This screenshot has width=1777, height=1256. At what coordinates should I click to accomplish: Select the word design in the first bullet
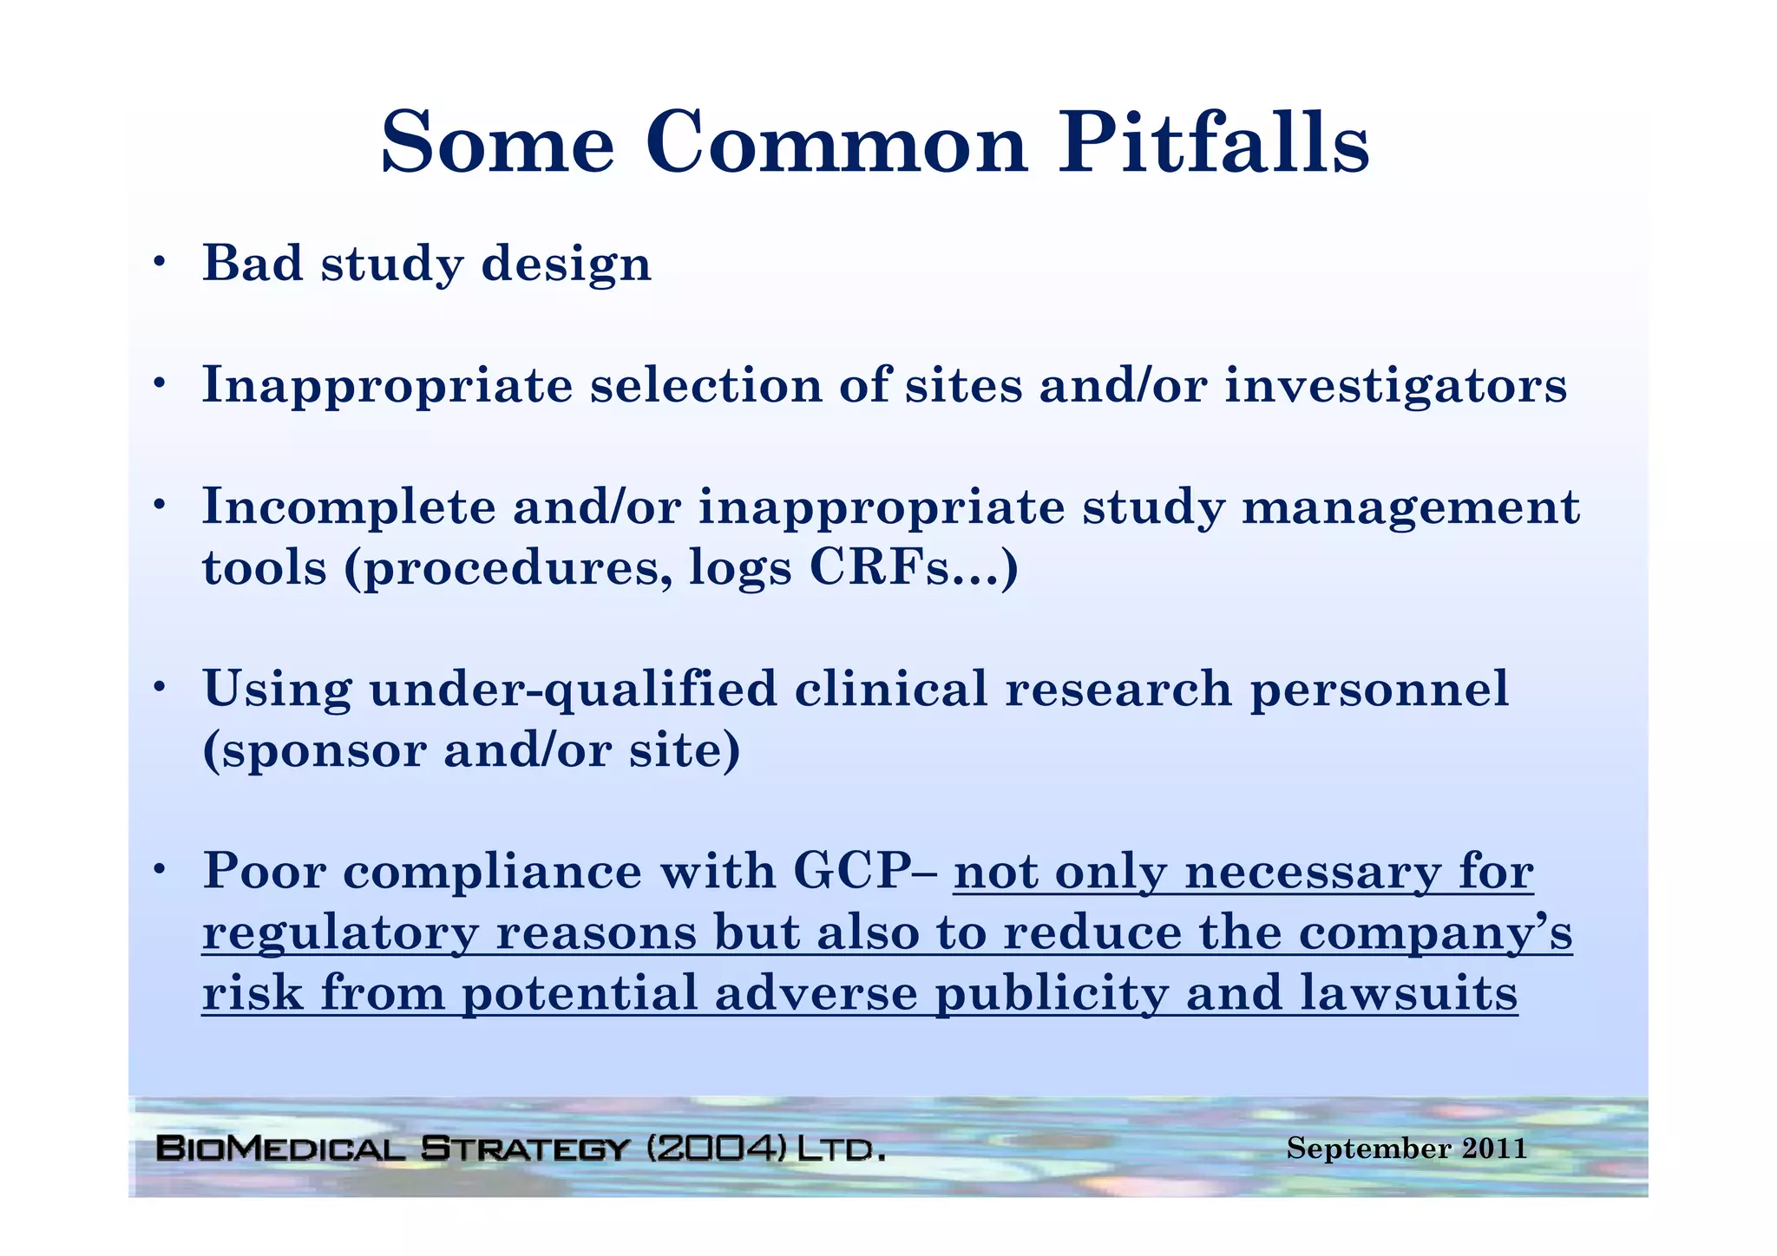tap(566, 265)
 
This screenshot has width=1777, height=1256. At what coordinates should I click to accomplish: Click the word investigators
tap(1395, 385)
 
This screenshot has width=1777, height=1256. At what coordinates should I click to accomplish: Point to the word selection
tap(705, 385)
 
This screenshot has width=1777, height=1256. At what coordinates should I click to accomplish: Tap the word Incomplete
tap(348, 507)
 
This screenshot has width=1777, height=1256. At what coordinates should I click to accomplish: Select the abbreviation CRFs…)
tap(914, 568)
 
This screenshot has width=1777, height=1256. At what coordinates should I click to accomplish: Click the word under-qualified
tap(573, 690)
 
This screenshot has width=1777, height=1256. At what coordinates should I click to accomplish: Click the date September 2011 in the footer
tap(1406, 1148)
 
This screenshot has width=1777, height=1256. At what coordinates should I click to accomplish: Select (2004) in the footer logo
tap(718, 1149)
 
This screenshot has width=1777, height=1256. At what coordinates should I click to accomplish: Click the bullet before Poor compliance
tap(158, 870)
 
